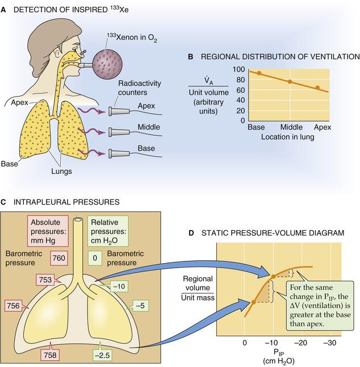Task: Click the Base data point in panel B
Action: (x=259, y=73)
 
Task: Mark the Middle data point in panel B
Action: (x=290, y=82)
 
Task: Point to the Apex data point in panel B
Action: (x=318, y=88)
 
